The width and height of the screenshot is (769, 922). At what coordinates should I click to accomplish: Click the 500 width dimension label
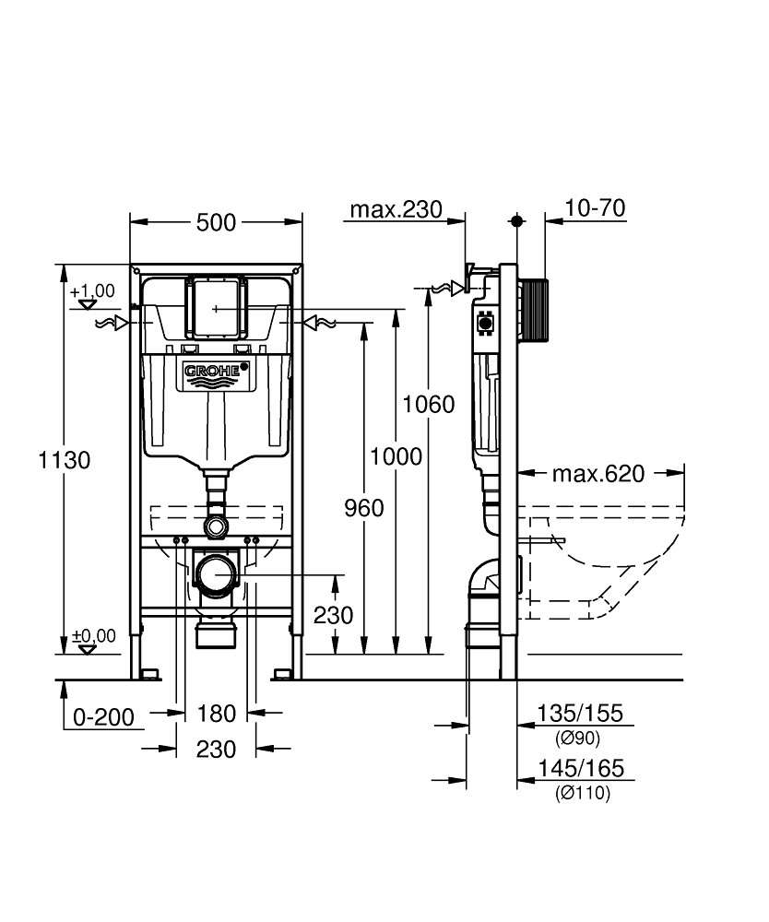tap(216, 223)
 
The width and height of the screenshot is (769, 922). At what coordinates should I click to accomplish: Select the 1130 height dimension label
tap(65, 460)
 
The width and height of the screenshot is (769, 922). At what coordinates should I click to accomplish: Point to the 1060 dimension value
tap(429, 405)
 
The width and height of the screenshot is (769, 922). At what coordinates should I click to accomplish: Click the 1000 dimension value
tap(396, 456)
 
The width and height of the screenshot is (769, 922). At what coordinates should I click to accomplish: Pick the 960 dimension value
tap(364, 508)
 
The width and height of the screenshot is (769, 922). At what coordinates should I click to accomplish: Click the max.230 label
tap(396, 209)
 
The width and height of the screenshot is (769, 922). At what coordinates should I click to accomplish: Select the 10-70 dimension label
tap(595, 207)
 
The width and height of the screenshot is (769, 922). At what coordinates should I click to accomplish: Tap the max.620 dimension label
tap(598, 473)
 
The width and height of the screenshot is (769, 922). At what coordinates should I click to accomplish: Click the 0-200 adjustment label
tap(103, 717)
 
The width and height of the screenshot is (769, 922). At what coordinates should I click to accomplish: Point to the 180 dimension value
tap(217, 714)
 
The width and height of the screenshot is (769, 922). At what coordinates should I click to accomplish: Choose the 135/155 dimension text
tap(580, 714)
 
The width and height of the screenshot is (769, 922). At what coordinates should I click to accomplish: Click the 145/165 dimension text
tap(581, 768)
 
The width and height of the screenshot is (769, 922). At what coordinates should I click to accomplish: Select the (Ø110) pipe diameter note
tap(583, 793)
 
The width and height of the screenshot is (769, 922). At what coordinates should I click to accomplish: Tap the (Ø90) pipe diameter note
tap(578, 738)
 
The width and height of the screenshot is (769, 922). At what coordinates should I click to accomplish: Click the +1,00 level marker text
tap(92, 291)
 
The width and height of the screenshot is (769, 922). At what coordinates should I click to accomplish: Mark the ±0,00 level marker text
tap(93, 635)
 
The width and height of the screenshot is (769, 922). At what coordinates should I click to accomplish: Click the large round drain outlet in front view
tap(216, 574)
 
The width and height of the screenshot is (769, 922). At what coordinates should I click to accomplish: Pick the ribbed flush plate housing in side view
tap(534, 311)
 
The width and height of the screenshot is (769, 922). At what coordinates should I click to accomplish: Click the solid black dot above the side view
tap(516, 221)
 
